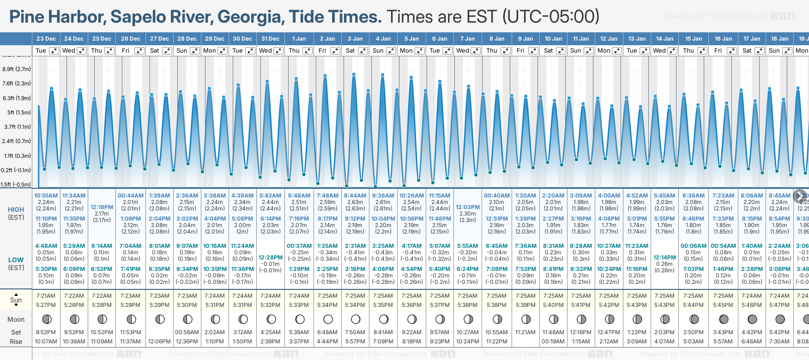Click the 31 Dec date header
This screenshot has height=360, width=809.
tap(270, 39)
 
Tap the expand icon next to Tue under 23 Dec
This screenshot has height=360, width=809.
tap(54, 51)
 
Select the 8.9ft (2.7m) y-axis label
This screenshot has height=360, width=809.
tap(17, 69)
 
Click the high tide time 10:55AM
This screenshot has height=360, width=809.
tap(46, 196)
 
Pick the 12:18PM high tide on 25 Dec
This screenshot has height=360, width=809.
tap(102, 207)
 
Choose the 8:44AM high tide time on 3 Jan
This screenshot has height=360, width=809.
tap(355, 196)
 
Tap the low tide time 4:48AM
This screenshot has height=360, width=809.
tap(46, 246)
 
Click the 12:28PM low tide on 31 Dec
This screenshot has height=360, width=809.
tap(270, 258)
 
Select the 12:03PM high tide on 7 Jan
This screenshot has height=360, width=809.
tap(467, 207)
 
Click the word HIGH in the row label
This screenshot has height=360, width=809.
tap(16, 210)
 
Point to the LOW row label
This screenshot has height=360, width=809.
tap(16, 260)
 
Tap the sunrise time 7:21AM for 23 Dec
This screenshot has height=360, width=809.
tap(46, 296)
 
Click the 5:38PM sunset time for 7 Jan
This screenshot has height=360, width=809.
tap(467, 305)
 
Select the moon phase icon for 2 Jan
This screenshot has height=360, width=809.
tap(328, 319)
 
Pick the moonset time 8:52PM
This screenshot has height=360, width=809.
tap(46, 332)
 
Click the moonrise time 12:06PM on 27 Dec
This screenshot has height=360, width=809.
tap(159, 342)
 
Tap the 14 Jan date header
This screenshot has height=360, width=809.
tap(665, 39)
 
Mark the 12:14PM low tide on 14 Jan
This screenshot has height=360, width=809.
tap(664, 258)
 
